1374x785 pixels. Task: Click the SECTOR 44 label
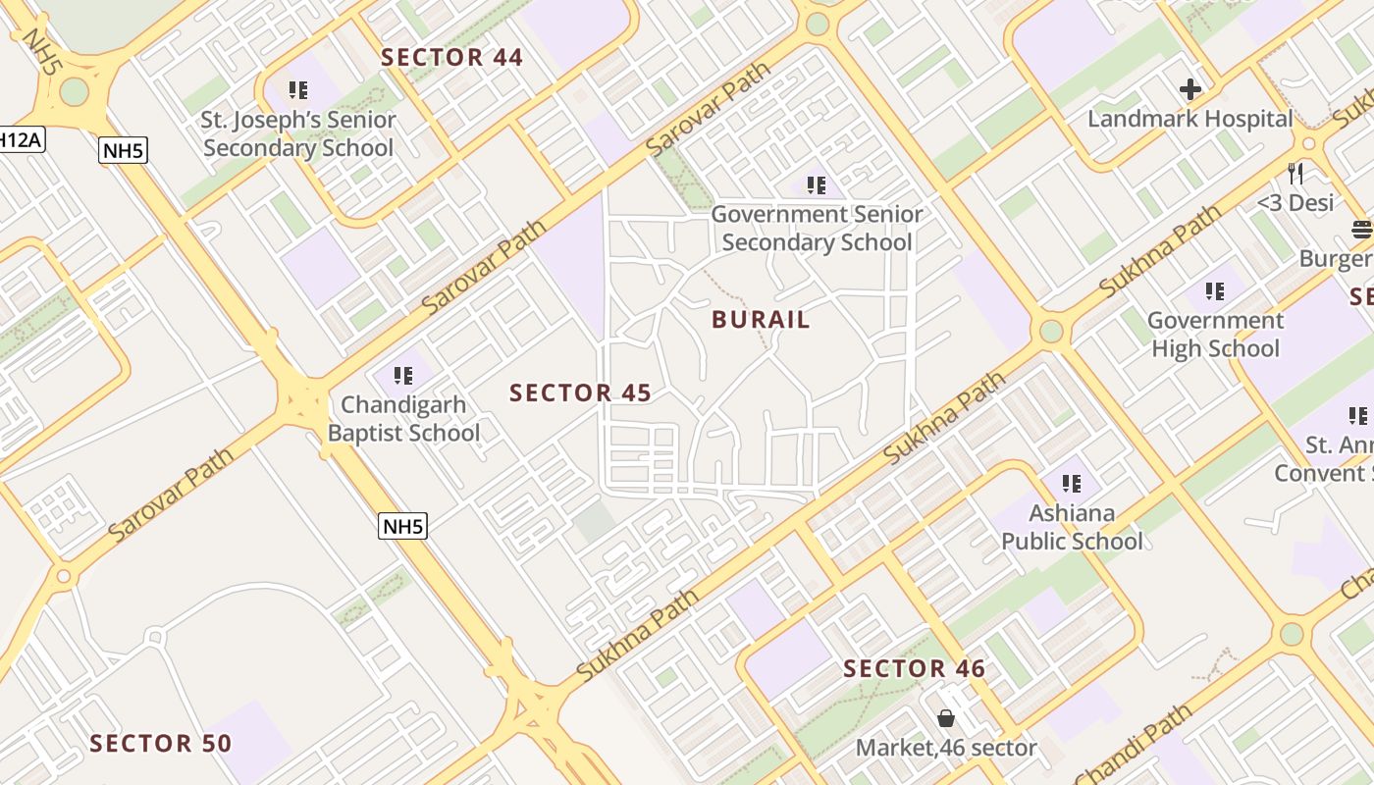(452, 58)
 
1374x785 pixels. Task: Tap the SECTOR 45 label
(580, 393)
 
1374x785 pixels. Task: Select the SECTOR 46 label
(915, 669)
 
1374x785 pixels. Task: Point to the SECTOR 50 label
(161, 744)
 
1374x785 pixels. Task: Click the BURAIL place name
(762, 320)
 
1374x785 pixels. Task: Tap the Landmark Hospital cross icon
(1190, 90)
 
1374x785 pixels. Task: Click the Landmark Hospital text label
(1189, 120)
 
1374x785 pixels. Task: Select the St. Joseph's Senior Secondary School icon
(298, 91)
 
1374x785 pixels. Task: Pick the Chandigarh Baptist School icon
(402, 375)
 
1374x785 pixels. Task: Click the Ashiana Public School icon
(1072, 483)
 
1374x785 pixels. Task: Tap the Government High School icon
(1215, 291)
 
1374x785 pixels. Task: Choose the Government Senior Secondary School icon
(816, 184)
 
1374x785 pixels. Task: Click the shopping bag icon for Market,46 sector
(946, 719)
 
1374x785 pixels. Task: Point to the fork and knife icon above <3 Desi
(1296, 174)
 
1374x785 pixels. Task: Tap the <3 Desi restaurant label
(1295, 203)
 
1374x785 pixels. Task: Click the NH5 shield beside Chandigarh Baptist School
(403, 526)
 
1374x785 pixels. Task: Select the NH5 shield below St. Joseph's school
(123, 150)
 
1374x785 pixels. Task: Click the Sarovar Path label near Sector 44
(710, 108)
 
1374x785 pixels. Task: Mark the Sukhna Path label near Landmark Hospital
(1159, 252)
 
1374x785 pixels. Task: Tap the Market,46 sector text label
(946, 749)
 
